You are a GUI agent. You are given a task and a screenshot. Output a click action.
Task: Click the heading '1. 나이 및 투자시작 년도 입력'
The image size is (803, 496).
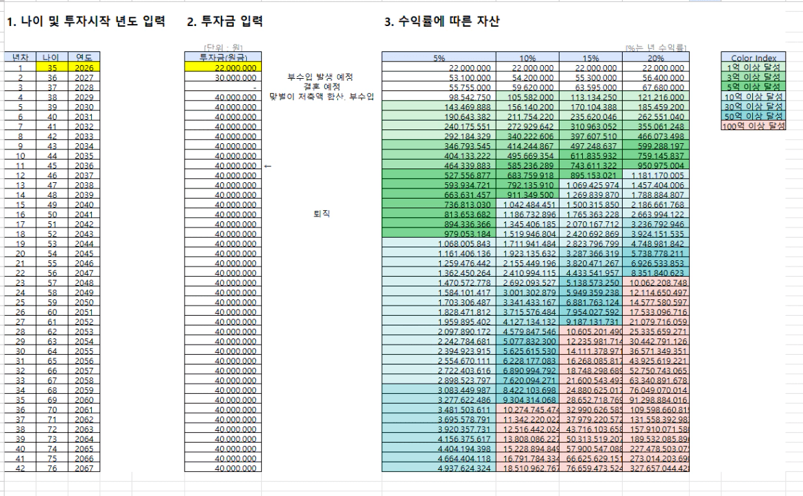pos(85,23)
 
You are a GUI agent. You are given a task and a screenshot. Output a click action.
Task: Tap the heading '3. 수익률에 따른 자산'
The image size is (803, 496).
pos(442,23)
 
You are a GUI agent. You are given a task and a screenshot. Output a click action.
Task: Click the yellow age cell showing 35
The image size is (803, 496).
pos(52,68)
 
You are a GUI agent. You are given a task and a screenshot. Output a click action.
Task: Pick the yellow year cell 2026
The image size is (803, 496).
pos(84,68)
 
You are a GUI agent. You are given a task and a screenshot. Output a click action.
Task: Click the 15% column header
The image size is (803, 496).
pos(590,58)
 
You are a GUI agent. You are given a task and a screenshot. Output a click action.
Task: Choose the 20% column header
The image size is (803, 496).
pos(654,58)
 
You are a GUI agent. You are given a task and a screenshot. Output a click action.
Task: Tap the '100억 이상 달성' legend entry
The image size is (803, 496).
pos(753,125)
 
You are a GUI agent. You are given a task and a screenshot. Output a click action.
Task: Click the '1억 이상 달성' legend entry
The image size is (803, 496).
pos(753,67)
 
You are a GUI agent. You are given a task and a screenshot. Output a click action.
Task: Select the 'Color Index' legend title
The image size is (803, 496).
pos(753,58)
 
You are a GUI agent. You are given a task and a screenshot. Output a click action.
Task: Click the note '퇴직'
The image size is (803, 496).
pos(321,212)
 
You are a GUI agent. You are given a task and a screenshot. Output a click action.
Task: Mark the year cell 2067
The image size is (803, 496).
pos(84,468)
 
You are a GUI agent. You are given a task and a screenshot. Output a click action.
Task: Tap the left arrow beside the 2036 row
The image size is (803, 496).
pos(268,164)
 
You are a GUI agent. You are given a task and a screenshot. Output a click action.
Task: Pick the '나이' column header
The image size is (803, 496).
pos(52,58)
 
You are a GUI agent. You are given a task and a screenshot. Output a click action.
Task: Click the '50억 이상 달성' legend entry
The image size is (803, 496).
pos(753,116)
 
